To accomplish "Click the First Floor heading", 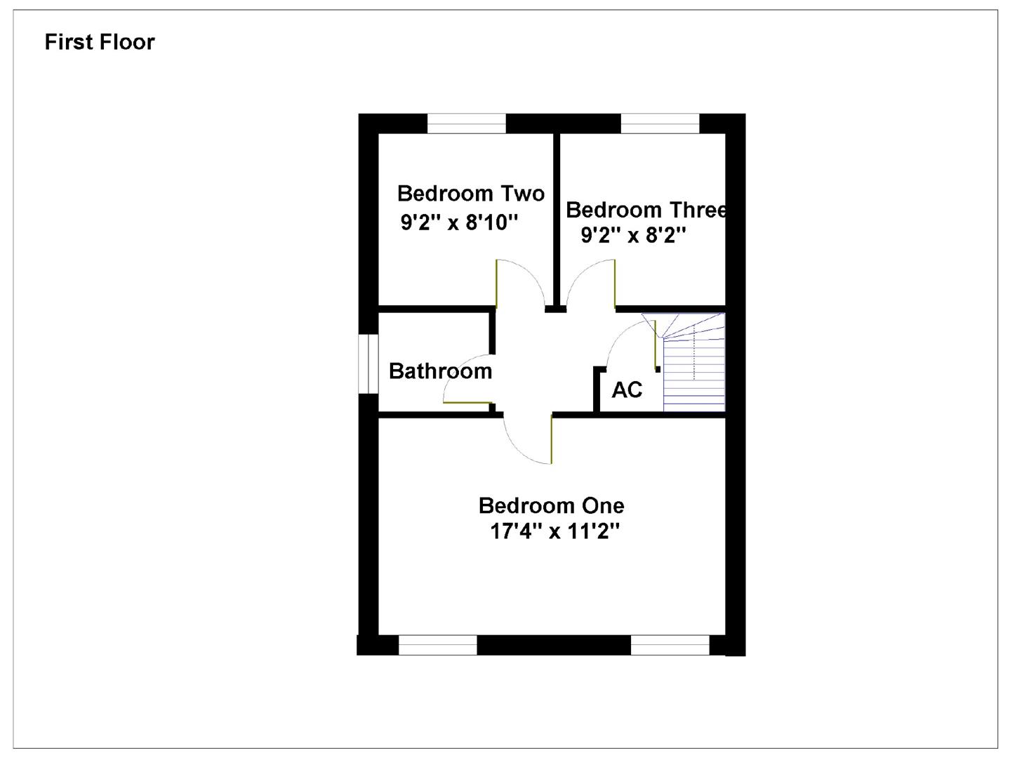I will (x=100, y=42).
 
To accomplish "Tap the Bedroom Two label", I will (x=470, y=193).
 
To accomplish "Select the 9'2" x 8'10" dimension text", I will (x=460, y=222).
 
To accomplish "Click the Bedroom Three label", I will (x=646, y=210).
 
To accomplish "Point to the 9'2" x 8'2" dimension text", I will (x=633, y=235).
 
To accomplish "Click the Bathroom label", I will (x=440, y=371).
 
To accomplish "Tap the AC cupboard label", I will (x=627, y=390).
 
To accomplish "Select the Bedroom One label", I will (x=551, y=505).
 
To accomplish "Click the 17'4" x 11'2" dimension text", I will (x=554, y=531).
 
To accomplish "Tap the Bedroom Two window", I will (x=467, y=124).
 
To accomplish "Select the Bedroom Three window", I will (x=660, y=124).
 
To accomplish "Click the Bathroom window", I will (x=368, y=363).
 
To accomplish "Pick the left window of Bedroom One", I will (x=438, y=645).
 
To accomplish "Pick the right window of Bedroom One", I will (x=670, y=645).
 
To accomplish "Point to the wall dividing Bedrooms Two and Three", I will (x=557, y=218).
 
